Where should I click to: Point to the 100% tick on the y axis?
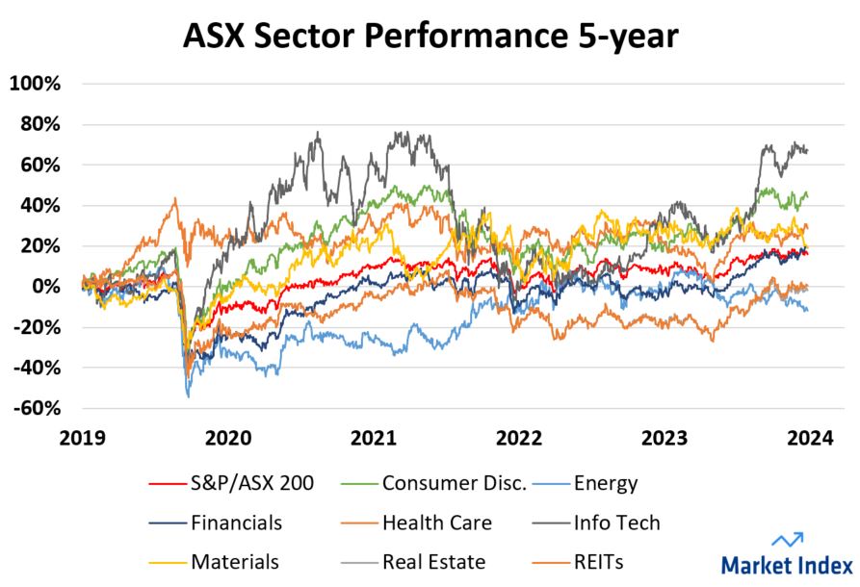[36, 84]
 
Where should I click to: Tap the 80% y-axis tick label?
[39, 124]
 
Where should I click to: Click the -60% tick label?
[36, 408]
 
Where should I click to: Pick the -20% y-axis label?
[36, 327]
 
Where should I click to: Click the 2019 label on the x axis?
[82, 439]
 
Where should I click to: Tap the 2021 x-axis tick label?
[374, 439]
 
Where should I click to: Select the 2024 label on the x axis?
[810, 439]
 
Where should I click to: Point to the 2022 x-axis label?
[519, 439]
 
